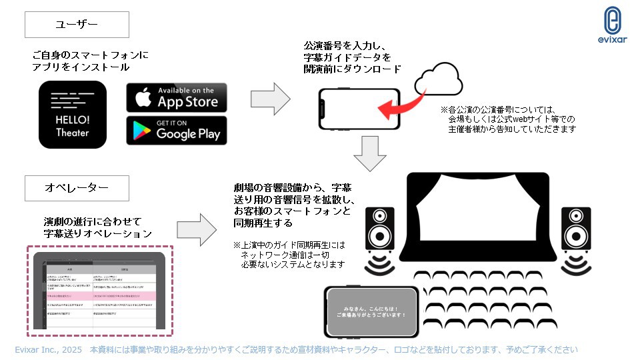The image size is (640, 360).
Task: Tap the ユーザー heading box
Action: click(x=77, y=25)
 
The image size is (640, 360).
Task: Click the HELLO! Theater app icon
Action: click(x=73, y=114)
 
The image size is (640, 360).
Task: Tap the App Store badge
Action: click(x=177, y=97)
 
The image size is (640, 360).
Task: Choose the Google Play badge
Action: click(x=177, y=130)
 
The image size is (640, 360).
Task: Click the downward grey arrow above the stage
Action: click(x=370, y=153)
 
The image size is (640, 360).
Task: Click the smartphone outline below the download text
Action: click(x=359, y=110)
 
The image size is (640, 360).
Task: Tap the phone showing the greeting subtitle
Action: click(x=371, y=311)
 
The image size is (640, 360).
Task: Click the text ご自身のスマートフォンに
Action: click(x=90, y=55)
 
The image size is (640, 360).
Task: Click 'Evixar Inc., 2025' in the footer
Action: click(x=48, y=349)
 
